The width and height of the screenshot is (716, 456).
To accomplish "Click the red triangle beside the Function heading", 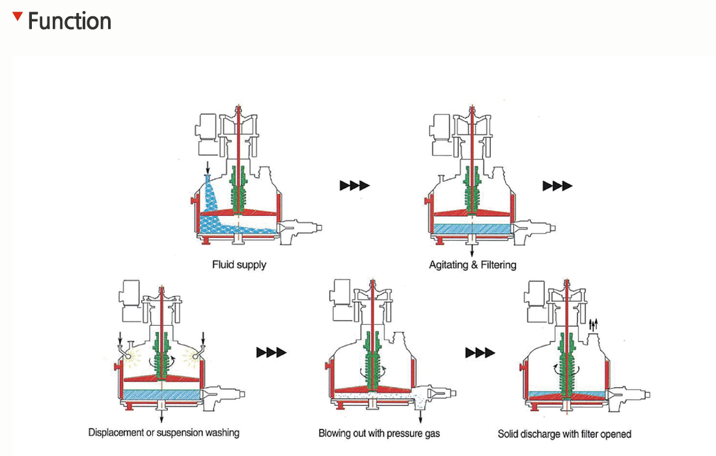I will pos(18,15).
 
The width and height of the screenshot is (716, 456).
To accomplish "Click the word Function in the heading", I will pos(70,21).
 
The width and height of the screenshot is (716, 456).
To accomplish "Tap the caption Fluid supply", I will pos(239,265).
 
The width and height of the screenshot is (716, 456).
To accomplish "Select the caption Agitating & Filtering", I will pos(473,265).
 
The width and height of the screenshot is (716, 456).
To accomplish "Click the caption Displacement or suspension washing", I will pos(164,433).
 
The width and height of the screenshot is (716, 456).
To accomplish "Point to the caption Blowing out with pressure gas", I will pos(379,433).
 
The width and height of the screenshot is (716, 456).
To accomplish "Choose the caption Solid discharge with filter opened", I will pos(564,433).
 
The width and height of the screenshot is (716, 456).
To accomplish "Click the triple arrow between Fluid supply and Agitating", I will pos(354,185).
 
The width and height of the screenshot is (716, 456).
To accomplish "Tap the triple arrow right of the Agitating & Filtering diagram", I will pos(557,186).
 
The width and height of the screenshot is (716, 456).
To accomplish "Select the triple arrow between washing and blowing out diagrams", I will pos(271,353).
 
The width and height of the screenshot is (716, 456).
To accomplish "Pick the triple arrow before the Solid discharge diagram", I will pos(480,353).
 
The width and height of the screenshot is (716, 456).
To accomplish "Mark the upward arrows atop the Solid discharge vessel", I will pos(592,324).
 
